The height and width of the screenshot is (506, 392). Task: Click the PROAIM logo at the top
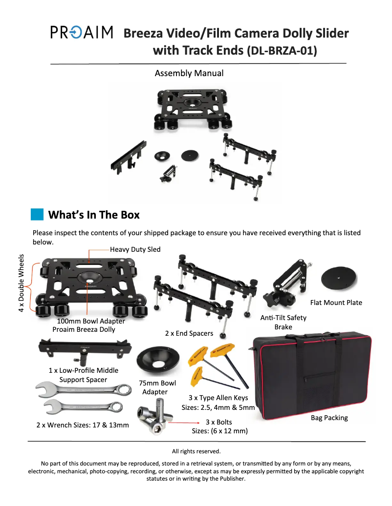click(x=82, y=33)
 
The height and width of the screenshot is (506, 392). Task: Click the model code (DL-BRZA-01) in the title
click(x=283, y=50)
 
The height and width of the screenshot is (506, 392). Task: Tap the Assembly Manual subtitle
click(x=189, y=73)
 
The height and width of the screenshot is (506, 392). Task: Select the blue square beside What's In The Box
click(x=37, y=215)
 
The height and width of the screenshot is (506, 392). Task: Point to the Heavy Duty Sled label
click(x=135, y=249)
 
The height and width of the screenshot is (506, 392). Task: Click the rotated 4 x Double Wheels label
click(x=22, y=283)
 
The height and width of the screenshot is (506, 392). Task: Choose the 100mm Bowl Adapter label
click(x=91, y=321)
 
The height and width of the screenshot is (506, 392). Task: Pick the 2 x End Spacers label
click(x=189, y=333)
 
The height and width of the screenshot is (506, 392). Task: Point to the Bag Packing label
click(x=329, y=418)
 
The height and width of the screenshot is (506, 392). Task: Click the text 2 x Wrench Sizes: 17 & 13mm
click(x=83, y=425)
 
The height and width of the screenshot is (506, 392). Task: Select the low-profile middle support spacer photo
click(x=86, y=351)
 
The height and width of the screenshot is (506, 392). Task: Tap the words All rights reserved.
click(x=196, y=451)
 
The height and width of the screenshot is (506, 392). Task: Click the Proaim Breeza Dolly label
click(x=84, y=329)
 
